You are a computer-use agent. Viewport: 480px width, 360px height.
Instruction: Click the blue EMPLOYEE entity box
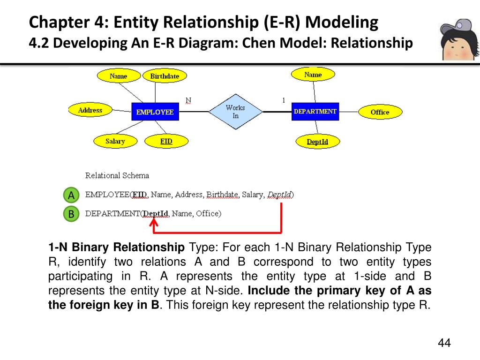tap(155, 112)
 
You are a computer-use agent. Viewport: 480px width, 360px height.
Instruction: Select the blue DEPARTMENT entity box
tap(315, 111)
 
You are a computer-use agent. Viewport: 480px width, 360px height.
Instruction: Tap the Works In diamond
tap(235, 112)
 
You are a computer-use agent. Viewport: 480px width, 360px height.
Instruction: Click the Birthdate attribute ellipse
tap(165, 76)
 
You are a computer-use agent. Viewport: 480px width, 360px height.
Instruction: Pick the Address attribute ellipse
tap(90, 110)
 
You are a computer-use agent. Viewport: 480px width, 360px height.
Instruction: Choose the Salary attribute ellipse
tap(115, 141)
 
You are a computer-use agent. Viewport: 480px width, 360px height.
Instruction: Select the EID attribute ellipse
tap(166, 141)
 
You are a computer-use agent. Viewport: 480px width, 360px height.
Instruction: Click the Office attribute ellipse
tap(380, 112)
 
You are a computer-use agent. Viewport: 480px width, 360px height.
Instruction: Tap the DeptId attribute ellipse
tap(317, 142)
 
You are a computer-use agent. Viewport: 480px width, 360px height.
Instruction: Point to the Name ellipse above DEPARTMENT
tap(313, 75)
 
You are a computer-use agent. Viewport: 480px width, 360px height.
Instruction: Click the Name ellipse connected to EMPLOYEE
tap(118, 76)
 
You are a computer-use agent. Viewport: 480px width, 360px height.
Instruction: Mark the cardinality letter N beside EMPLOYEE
tap(188, 100)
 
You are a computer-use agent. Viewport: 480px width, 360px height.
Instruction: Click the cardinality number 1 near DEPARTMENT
tap(284, 100)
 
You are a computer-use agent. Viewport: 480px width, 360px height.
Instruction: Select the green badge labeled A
tap(71, 195)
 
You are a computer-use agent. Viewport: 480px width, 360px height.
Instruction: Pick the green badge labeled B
tap(71, 214)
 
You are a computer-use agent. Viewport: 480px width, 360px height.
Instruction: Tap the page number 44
tap(444, 343)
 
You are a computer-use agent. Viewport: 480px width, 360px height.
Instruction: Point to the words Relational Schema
tap(117, 176)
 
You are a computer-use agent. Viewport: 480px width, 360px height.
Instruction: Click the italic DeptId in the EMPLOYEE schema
tap(279, 195)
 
